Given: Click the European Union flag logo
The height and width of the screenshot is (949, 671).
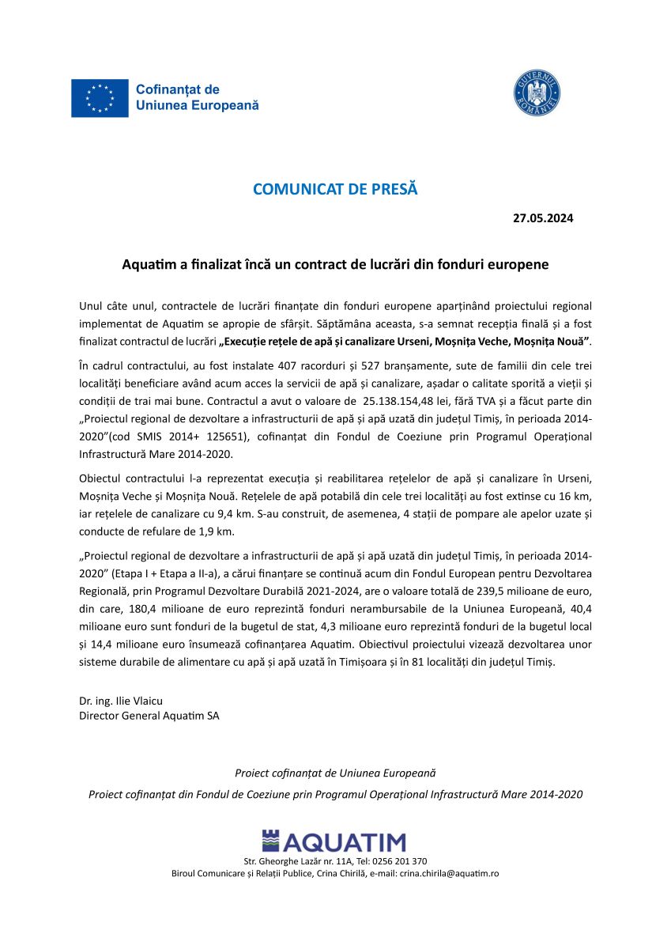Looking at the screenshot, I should (x=100, y=98).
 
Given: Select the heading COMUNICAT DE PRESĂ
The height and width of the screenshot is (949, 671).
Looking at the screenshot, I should (x=335, y=190).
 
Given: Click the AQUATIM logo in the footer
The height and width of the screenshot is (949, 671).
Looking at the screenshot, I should (x=334, y=841).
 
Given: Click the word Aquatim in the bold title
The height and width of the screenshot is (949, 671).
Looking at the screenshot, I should (x=150, y=264).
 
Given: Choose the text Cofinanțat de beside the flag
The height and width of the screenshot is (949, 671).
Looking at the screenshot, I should (x=178, y=90).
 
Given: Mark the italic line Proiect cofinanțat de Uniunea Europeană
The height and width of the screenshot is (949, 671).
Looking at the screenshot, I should (x=335, y=772).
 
